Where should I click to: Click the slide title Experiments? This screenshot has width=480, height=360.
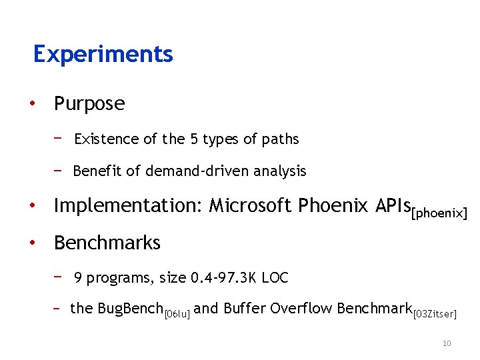(103, 54)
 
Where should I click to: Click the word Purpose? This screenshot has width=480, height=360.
(89, 104)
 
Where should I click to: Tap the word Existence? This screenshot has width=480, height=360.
(107, 139)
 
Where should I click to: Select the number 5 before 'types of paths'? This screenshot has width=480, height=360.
(194, 139)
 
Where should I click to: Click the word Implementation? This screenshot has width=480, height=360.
(129, 207)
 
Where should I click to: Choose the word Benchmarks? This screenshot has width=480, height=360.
(107, 243)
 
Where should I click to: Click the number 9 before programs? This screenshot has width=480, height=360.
(79, 278)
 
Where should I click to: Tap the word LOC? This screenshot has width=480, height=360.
(275, 278)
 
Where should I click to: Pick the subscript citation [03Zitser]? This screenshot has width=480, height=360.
(435, 313)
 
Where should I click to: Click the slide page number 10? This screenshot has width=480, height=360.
(447, 343)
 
